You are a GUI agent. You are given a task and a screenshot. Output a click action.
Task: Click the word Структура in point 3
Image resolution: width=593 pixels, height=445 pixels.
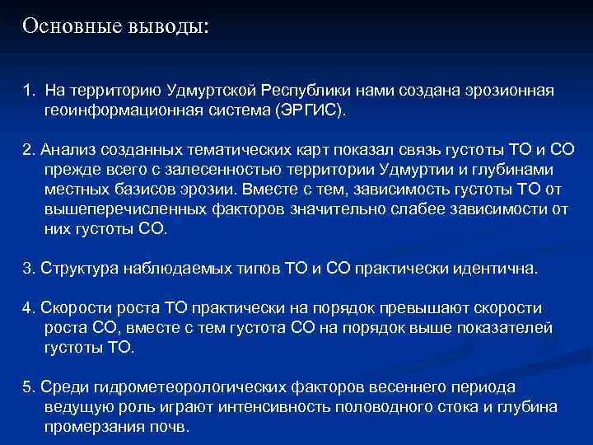77,269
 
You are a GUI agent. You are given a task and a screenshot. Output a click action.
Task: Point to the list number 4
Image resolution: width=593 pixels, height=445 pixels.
27,309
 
